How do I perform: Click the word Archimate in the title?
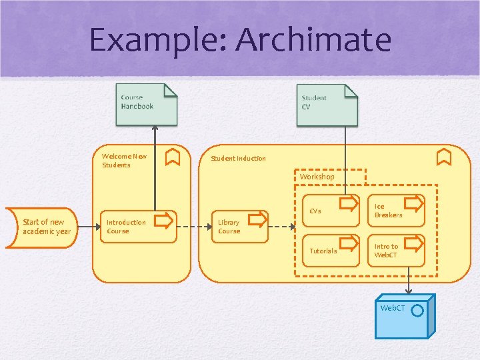tap(313, 39)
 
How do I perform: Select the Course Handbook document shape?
tap(147, 104)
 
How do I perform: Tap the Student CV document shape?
tap(327, 105)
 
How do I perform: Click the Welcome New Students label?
tap(124, 161)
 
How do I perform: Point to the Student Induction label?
tap(238, 158)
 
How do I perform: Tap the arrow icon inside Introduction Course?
tap(162, 220)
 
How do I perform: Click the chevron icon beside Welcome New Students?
tap(172, 157)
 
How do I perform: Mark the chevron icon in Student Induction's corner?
tap(445, 157)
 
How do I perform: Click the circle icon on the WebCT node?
tap(418, 310)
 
